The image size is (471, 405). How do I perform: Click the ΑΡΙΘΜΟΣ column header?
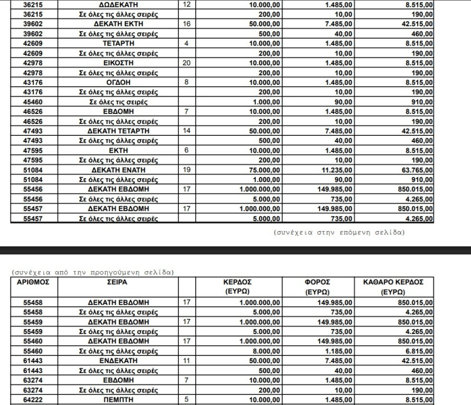point(33,282)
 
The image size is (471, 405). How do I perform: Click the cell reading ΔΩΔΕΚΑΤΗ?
point(118,5)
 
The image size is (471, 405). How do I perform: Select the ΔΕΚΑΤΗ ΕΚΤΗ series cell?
point(118,24)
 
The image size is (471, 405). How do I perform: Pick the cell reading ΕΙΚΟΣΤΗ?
point(118,63)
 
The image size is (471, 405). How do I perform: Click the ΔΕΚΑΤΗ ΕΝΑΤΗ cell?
point(118,170)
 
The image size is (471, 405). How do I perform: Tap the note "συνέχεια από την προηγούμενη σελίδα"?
point(92,272)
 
